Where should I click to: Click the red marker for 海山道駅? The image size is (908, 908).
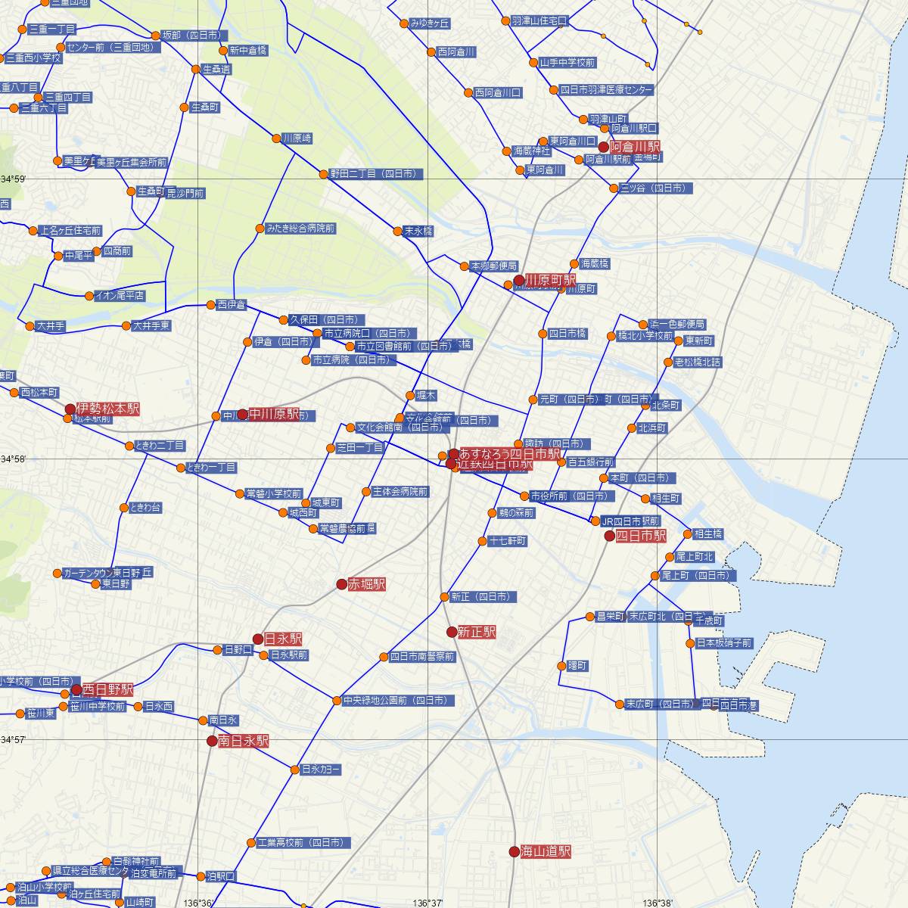click(515, 851)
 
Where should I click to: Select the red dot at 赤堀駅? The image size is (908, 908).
click(342, 584)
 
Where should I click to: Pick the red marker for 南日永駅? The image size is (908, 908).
click(212, 741)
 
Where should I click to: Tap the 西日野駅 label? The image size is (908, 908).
click(107, 689)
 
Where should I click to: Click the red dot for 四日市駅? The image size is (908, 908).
click(610, 536)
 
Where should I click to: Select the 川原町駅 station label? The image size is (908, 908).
click(551, 280)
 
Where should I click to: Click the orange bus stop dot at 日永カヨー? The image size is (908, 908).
click(295, 770)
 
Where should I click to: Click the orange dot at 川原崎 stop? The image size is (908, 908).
click(276, 138)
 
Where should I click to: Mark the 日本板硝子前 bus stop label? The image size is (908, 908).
click(724, 643)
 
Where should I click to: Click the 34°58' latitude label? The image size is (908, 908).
click(14, 459)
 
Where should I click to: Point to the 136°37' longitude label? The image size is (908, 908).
click(427, 903)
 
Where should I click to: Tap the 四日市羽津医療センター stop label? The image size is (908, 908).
click(606, 89)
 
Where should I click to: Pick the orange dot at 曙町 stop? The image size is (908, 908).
click(561, 666)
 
